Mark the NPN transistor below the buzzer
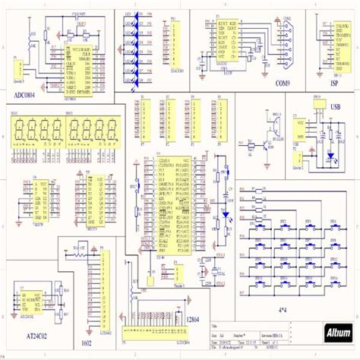pyautogui.click(x=267, y=145)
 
